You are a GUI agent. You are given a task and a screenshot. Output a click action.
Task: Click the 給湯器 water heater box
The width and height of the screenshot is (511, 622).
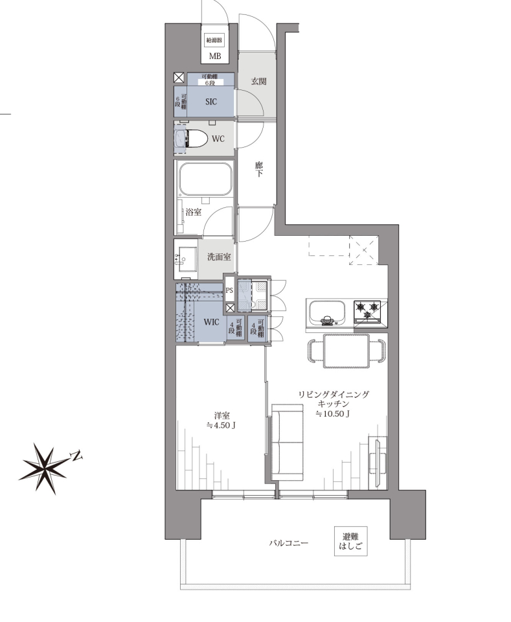click(214, 40)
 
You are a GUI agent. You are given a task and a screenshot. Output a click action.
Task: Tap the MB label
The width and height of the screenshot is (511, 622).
click(215, 56)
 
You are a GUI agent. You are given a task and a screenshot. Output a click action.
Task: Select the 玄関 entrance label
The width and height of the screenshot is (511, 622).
click(258, 82)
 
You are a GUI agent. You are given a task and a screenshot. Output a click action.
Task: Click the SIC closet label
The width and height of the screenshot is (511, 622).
click(211, 102)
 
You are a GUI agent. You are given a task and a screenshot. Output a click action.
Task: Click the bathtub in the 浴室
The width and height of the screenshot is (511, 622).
click(205, 179)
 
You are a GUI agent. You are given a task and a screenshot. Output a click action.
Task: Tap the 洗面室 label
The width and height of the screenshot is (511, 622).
click(219, 257)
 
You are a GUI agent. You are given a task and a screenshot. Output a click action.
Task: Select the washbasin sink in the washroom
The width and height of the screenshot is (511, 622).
click(185, 259)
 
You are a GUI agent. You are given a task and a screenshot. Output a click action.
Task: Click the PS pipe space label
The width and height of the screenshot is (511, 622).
click(229, 290)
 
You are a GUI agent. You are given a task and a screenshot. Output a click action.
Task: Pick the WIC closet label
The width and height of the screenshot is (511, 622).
click(211, 322)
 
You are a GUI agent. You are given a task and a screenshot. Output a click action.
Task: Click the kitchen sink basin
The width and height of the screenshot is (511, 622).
click(327, 312)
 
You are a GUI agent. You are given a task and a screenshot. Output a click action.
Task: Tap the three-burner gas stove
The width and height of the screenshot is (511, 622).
click(367, 311)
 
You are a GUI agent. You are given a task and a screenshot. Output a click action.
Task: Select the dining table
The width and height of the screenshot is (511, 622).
click(346, 351)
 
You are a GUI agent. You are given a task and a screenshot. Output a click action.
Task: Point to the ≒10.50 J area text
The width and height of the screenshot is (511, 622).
click(333, 414)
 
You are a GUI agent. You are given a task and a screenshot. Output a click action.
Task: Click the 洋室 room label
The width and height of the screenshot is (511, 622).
click(221, 416)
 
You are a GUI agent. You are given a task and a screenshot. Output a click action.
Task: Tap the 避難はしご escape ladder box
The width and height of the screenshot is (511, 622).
click(350, 541)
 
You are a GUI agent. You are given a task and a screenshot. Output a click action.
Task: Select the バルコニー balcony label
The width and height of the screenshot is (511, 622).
click(289, 543)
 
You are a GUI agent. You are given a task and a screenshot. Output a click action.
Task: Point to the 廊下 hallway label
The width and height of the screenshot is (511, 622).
click(258, 169)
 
